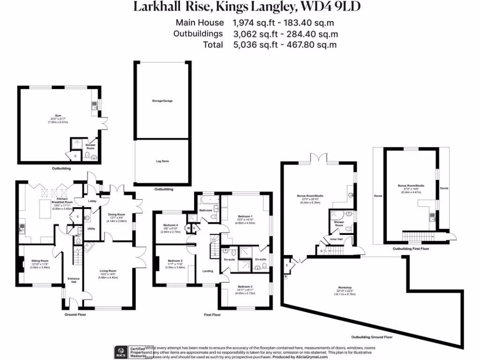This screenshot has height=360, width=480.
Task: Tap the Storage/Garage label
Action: pyautogui.click(x=163, y=101)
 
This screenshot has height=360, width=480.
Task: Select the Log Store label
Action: pyautogui.click(x=163, y=161)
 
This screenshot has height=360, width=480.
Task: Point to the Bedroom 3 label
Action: pyautogui.click(x=245, y=286)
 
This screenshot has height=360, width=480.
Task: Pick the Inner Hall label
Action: pyautogui.click(x=336, y=239)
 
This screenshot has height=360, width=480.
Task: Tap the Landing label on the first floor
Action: pyautogui.click(x=208, y=271)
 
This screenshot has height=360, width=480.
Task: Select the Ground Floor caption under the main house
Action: pyautogui.click(x=75, y=315)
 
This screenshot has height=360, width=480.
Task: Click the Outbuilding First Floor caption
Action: pyautogui.click(x=411, y=249)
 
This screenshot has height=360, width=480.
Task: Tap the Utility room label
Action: pyautogui.click(x=91, y=229)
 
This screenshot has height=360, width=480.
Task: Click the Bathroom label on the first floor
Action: pyautogui.click(x=206, y=210)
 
